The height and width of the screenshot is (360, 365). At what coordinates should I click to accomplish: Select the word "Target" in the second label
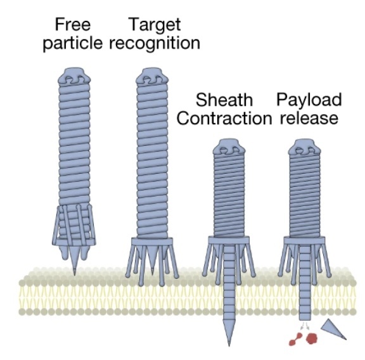pos(155,25)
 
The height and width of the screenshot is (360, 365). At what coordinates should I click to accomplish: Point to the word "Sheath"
pos(224,100)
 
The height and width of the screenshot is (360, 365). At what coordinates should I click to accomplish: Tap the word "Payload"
pos(309,100)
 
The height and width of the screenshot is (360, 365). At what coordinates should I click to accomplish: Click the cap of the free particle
pos(75,79)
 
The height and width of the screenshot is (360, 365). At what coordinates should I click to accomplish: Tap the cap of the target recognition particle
pos(155,79)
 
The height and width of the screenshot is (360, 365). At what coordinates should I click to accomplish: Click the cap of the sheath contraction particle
pos(226,150)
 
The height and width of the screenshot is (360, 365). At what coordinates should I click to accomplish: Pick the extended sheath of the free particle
pos(75,146)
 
